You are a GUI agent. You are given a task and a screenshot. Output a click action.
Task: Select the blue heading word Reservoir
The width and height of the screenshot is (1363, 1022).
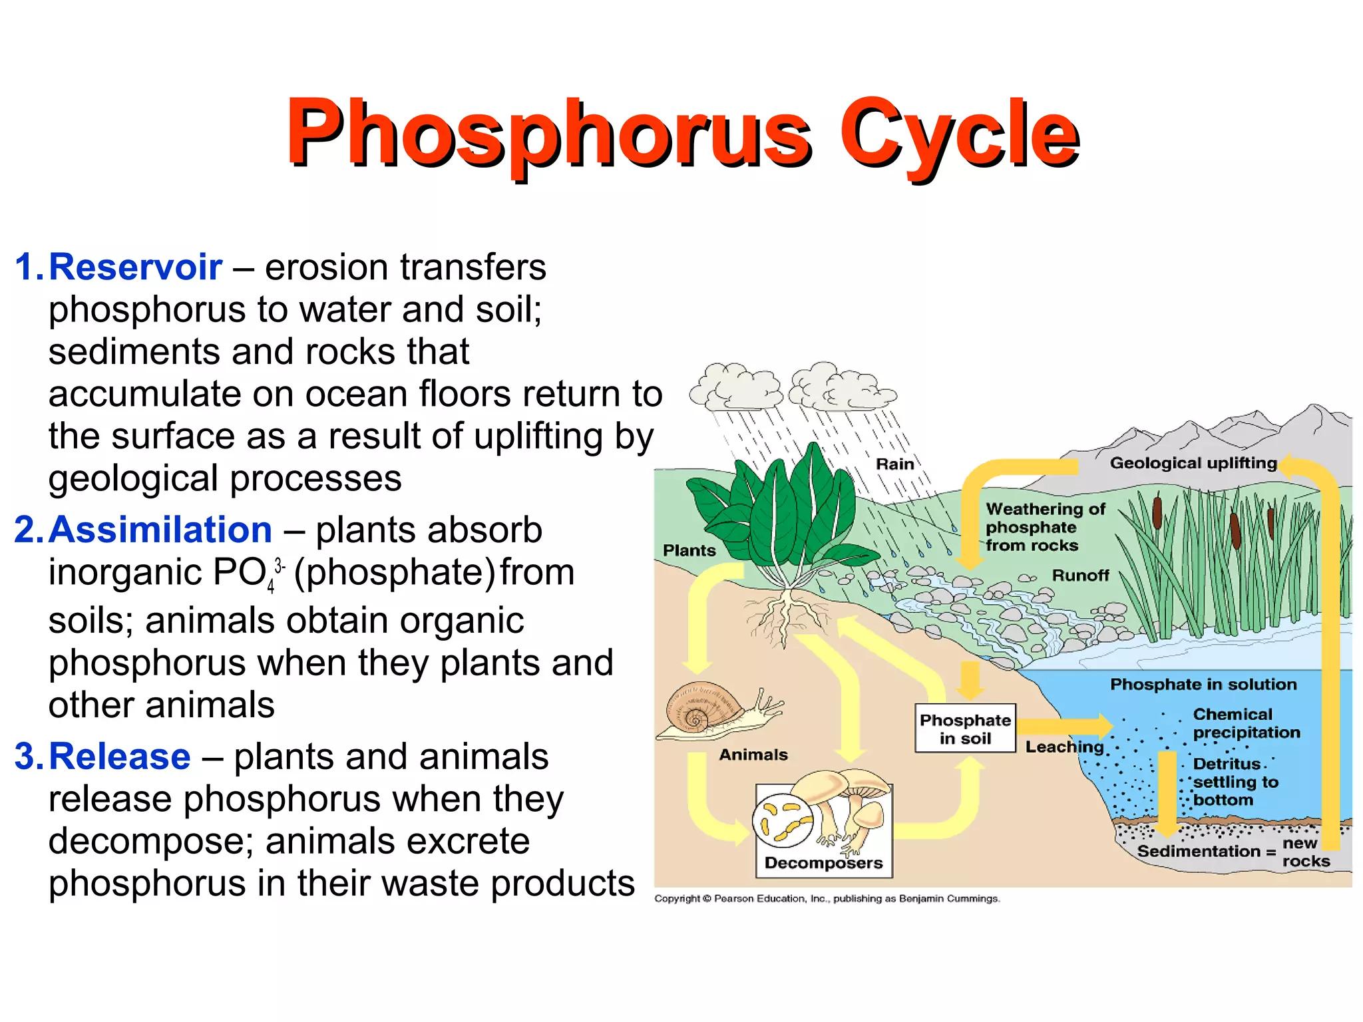[135, 267]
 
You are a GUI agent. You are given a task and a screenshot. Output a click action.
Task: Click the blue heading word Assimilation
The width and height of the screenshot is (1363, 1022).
[160, 530]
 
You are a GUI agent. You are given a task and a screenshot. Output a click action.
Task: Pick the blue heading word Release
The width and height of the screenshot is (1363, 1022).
[120, 757]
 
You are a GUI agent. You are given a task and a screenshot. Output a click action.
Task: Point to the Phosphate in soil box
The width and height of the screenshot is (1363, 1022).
[965, 729]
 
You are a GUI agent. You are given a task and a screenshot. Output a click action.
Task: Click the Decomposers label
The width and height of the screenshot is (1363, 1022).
[823, 863]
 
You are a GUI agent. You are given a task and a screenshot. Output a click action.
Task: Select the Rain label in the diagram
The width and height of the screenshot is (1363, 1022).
[894, 464]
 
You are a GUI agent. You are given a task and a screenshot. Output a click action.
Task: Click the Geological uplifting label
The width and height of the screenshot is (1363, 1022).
[1193, 463]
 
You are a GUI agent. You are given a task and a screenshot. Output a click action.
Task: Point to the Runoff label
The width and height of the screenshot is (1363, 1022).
[1080, 575]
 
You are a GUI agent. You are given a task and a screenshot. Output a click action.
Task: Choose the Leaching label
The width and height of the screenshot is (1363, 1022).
[1064, 747]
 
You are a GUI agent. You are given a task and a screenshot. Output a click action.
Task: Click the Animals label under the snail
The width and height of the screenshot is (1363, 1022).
[753, 755]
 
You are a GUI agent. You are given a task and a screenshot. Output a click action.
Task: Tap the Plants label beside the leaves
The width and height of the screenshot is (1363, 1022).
[689, 550]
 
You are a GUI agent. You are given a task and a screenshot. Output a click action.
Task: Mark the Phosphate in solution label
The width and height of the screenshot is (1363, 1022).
[1203, 684]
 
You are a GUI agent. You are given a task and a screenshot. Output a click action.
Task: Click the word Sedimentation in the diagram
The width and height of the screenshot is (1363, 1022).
[1199, 851]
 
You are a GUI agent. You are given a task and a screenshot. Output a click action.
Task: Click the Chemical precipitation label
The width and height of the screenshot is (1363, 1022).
[1246, 723]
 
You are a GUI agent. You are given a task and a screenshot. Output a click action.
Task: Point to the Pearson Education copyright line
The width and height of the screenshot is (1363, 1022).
[827, 899]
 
